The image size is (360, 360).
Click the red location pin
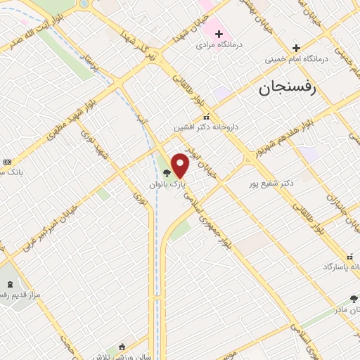tap(180, 165)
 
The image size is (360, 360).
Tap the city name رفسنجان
tap(288, 88)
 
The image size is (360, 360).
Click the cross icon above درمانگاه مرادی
tap(219, 33)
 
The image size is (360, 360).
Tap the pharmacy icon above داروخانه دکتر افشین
tap(206, 117)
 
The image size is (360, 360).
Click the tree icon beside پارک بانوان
tap(166, 173)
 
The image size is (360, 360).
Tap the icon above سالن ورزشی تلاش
tap(122, 347)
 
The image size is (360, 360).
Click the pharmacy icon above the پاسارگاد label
tap(349, 256)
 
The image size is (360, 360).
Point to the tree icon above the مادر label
tap(354, 299)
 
